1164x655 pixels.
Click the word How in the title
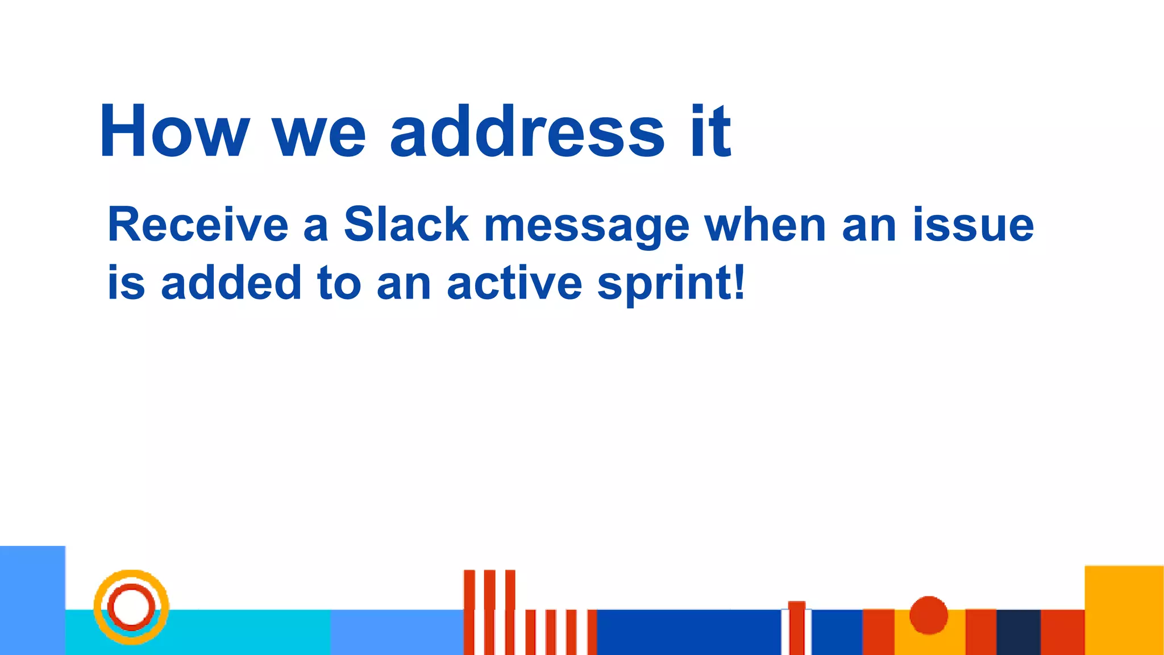click(174, 132)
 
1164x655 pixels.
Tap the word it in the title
click(710, 132)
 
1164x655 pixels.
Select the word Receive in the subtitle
click(197, 225)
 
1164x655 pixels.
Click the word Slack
click(406, 225)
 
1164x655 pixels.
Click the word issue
click(973, 225)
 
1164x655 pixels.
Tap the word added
click(231, 283)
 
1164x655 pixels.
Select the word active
click(514, 283)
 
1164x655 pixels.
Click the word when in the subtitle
click(765, 225)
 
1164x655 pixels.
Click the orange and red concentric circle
click(131, 607)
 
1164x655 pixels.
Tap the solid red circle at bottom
click(928, 615)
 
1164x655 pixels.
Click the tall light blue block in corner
click(32, 600)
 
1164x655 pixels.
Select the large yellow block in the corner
click(1124, 610)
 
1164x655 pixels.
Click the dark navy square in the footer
click(1018, 632)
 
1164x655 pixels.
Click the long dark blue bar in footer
click(688, 632)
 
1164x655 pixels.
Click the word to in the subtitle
click(339, 283)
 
